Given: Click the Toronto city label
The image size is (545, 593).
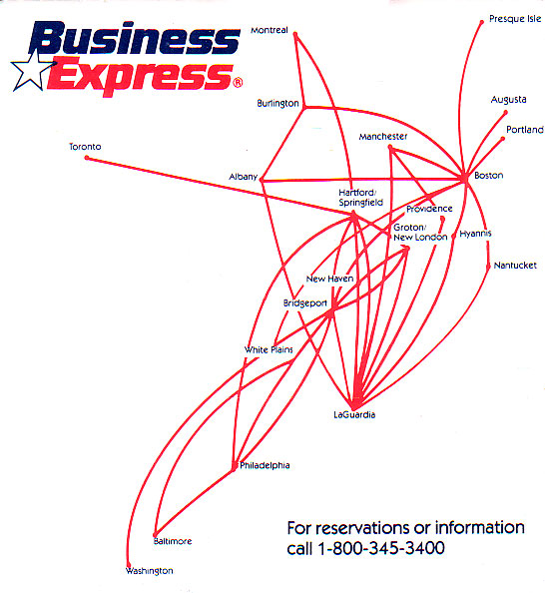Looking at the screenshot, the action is pyautogui.click(x=85, y=147).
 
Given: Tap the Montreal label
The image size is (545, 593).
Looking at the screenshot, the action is pyautogui.click(x=270, y=30).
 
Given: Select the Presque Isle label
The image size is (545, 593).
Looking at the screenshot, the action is pyautogui.click(x=515, y=19).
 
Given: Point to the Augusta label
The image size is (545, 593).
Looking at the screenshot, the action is pyautogui.click(x=509, y=100).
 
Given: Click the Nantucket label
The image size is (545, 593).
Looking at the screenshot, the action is pyautogui.click(x=515, y=266).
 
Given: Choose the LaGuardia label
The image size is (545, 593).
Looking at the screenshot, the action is pyautogui.click(x=354, y=414).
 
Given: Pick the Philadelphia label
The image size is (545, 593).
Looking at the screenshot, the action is pyautogui.click(x=265, y=465).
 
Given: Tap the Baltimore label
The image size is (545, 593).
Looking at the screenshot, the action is pyautogui.click(x=173, y=541).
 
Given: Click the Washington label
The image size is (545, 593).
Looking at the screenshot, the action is pyautogui.click(x=150, y=571).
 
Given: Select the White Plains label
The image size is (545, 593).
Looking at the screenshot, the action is pyautogui.click(x=269, y=349).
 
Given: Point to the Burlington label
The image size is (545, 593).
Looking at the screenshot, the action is pyautogui.click(x=277, y=103).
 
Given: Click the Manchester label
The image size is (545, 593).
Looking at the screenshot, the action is pyautogui.click(x=383, y=137).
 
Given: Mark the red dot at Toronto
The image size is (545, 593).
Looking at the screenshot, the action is pyautogui.click(x=87, y=158).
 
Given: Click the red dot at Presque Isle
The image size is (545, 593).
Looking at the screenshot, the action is pyautogui.click(x=481, y=22).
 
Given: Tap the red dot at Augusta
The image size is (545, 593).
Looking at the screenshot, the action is pyautogui.click(x=506, y=113).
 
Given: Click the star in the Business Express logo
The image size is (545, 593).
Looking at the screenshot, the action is pyautogui.click(x=33, y=71).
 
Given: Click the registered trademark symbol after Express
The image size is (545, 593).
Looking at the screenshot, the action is pyautogui.click(x=238, y=82).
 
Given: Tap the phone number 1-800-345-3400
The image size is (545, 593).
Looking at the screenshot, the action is pyautogui.click(x=381, y=548).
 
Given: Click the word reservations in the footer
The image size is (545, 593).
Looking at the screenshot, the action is pyautogui.click(x=367, y=528).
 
